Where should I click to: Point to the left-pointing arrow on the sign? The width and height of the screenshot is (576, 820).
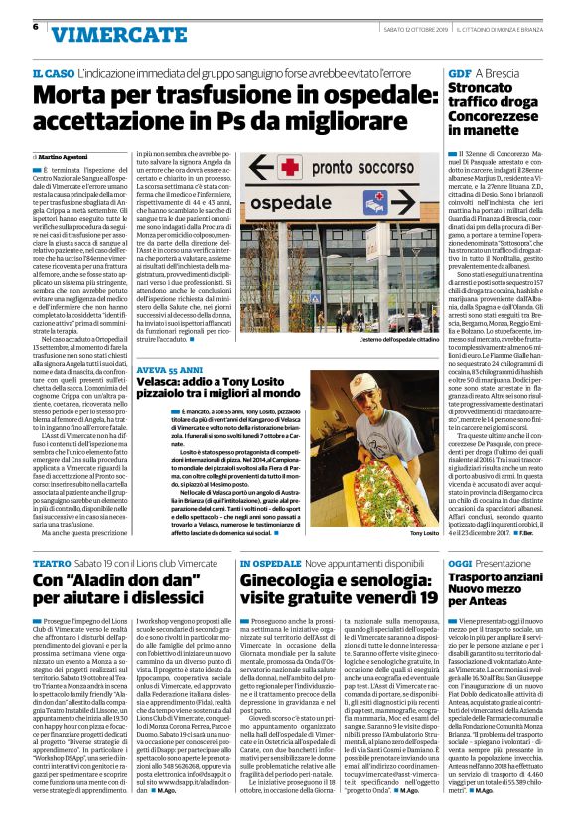pyautogui.click(x=261, y=167)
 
